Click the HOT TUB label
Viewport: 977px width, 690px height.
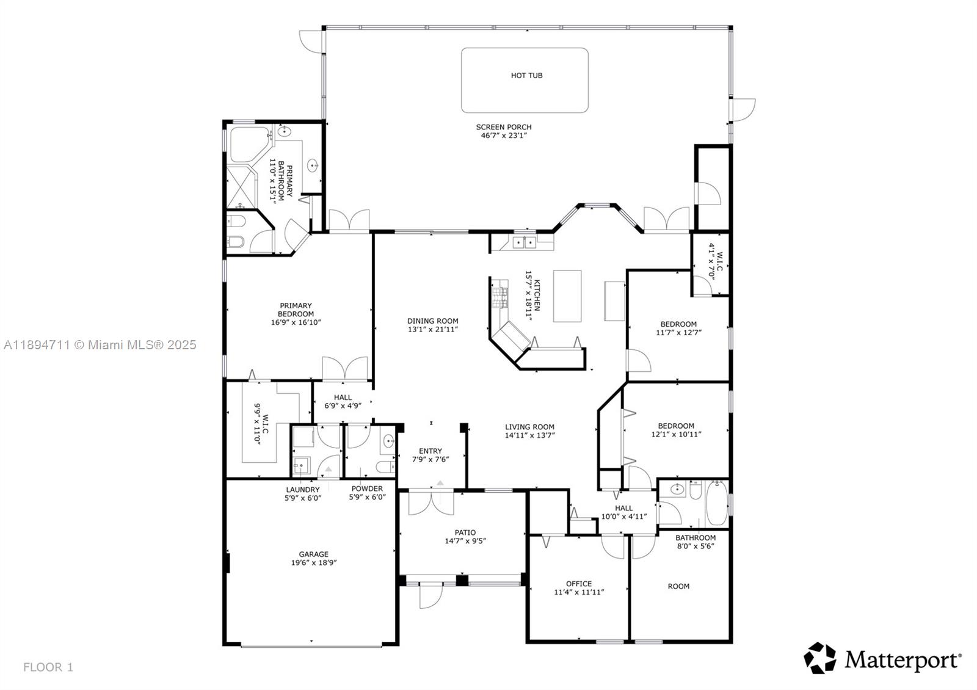pyautogui.click(x=526, y=76)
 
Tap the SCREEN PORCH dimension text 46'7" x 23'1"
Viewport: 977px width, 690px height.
pyautogui.click(x=504, y=136)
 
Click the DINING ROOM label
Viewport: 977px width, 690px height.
pyautogui.click(x=432, y=321)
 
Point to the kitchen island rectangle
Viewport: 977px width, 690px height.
pyautogui.click(x=567, y=296)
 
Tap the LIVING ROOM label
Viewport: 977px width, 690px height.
pyautogui.click(x=529, y=427)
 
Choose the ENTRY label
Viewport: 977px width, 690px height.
pyautogui.click(x=430, y=451)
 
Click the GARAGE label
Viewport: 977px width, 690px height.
pyautogui.click(x=314, y=554)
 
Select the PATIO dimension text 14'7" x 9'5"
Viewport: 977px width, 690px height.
pyautogui.click(x=465, y=541)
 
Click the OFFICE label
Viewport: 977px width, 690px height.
pyautogui.click(x=579, y=584)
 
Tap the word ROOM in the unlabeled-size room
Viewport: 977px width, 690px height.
pyautogui.click(x=678, y=586)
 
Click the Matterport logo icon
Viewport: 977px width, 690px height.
pyautogui.click(x=819, y=658)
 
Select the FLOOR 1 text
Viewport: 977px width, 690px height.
pyautogui.click(x=48, y=667)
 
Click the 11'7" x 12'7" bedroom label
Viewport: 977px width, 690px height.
pyautogui.click(x=678, y=324)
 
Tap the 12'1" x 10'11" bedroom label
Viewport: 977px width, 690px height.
pyautogui.click(x=676, y=426)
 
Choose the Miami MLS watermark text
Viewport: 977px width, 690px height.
pyautogui.click(x=100, y=345)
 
